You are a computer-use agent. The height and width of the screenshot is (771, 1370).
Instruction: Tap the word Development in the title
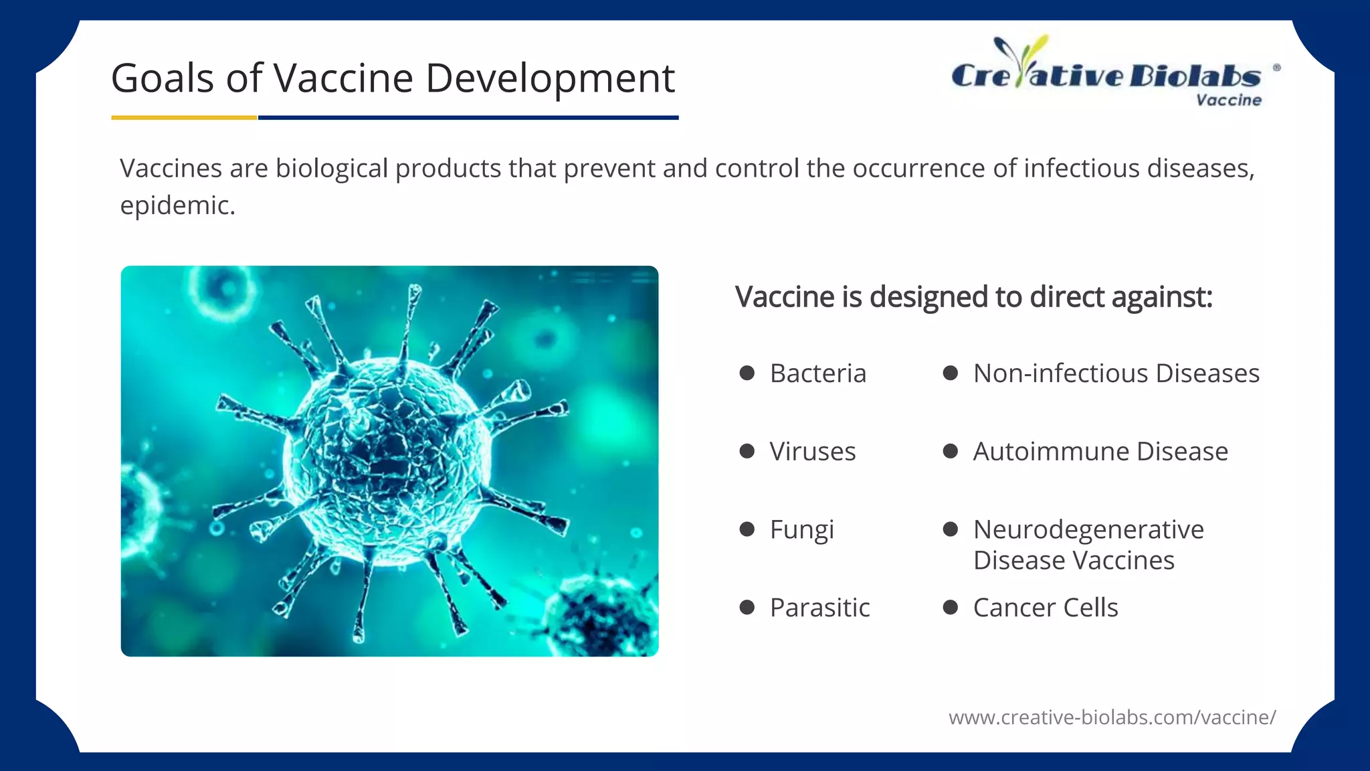549,79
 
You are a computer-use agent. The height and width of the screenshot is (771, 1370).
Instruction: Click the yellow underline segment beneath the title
184,118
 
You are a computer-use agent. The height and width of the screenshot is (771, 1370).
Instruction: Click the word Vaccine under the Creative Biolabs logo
1228,100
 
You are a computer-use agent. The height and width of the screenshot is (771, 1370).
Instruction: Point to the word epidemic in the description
177,205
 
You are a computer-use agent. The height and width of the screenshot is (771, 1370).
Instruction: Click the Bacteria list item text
817,373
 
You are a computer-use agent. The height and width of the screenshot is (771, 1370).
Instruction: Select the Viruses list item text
812,452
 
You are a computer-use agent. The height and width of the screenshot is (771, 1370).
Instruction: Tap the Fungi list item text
801,530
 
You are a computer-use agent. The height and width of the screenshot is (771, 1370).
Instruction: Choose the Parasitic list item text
819,608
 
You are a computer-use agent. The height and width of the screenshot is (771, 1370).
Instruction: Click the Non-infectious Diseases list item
1116,373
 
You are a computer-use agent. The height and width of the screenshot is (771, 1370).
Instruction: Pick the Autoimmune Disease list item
1100,452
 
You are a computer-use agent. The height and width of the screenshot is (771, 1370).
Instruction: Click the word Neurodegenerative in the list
1088,529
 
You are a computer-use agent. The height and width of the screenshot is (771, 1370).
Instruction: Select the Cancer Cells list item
1045,608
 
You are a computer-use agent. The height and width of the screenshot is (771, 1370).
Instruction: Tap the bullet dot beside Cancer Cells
950,608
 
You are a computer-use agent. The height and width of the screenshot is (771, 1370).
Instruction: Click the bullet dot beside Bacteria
747,373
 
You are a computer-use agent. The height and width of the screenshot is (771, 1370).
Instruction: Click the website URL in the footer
1112,717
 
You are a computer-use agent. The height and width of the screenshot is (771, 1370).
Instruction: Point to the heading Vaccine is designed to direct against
973,297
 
